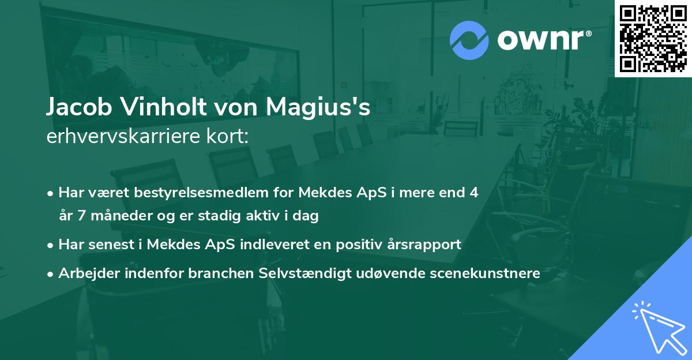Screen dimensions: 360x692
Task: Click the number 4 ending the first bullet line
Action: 474,193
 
